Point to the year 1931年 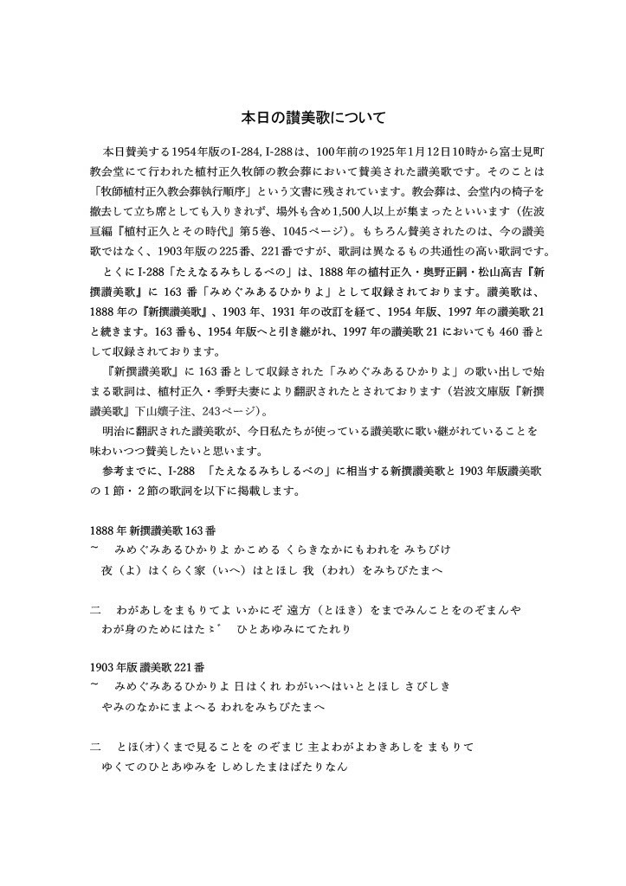tap(254, 311)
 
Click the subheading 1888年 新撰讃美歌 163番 tap(145, 530)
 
